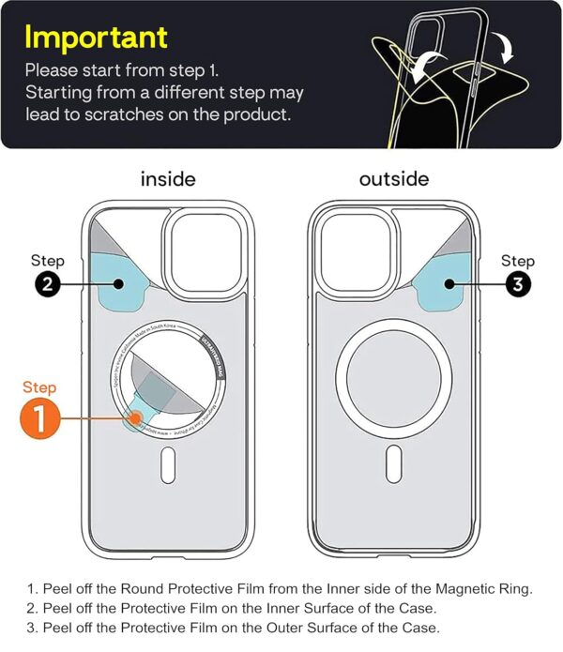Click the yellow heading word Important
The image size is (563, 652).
click(x=96, y=37)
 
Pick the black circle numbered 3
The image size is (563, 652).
click(x=517, y=285)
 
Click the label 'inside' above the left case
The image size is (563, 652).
click(x=168, y=178)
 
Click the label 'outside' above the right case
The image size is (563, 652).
click(x=393, y=178)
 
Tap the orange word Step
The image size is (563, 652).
click(x=39, y=387)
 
